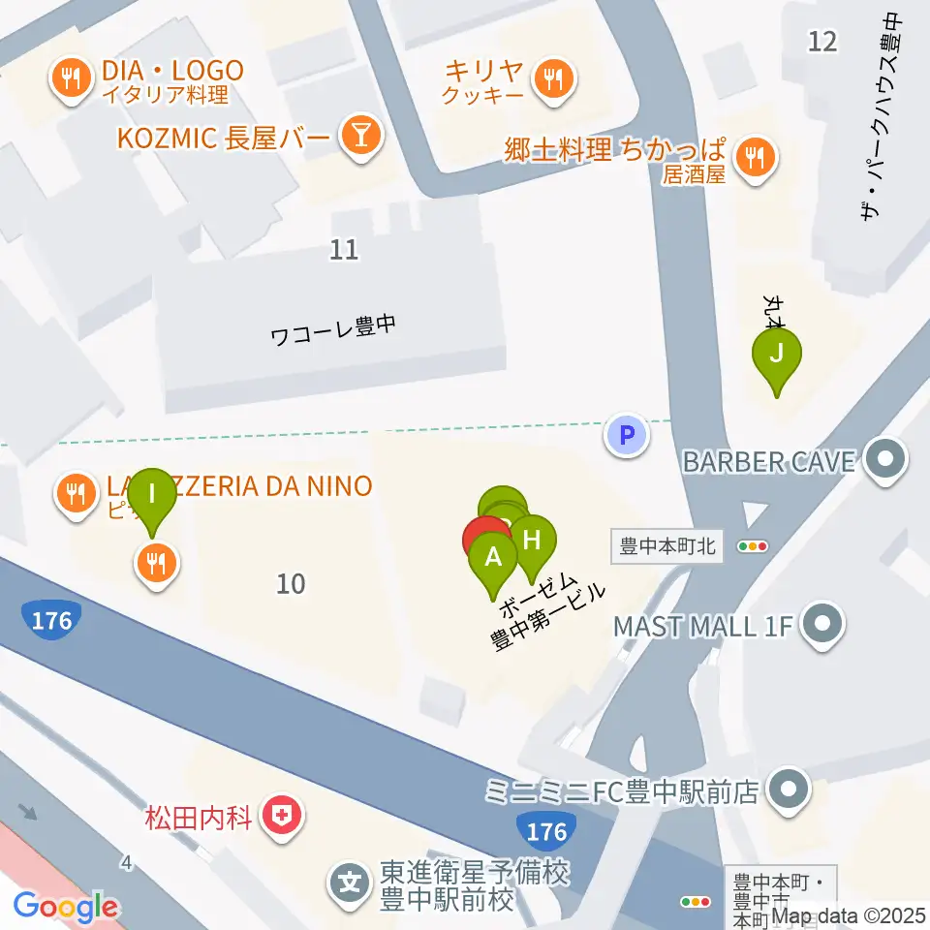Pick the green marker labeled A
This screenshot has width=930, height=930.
tap(493, 559)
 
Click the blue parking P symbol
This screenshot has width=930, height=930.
tap(626, 435)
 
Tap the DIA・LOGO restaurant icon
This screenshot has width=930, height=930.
tap(71, 77)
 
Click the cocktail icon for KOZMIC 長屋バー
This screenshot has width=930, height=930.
tap(360, 137)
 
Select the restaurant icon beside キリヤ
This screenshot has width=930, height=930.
tap(553, 77)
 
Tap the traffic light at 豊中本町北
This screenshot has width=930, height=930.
tap(753, 546)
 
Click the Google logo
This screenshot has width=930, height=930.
tap(66, 908)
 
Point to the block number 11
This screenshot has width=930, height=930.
tap(344, 250)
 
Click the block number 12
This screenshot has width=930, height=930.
tap(822, 41)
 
